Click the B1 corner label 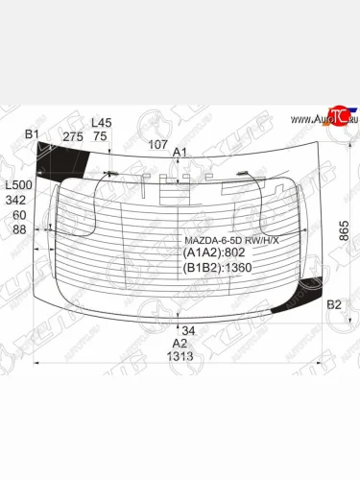coord(32,134)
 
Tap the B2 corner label coord(333,304)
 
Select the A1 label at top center coord(180,153)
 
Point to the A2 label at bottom coord(180,343)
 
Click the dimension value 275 coord(72,137)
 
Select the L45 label coord(101,123)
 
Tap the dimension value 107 coord(159,145)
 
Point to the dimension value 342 coord(15,200)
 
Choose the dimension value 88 coord(19,229)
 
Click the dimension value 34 coord(188,330)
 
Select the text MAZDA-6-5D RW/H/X coord(232,239)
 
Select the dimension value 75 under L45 coord(99,137)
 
